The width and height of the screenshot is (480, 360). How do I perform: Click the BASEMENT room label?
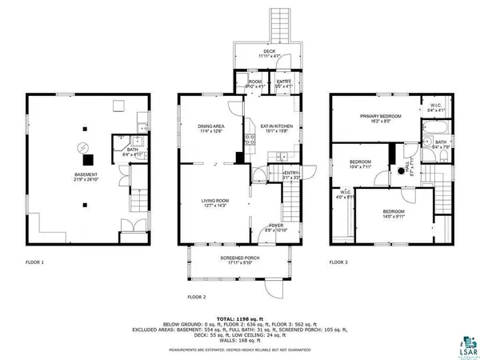coord(86,177)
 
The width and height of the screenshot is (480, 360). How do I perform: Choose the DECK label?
coord(269,53)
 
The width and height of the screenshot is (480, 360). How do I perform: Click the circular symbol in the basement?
coord(80,147)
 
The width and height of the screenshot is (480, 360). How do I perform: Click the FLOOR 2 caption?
coord(197,297)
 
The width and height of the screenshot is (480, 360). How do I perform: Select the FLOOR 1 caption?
coord(34,262)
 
